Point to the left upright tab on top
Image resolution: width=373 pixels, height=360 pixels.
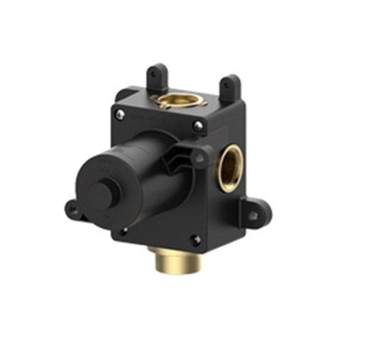[155, 77]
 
